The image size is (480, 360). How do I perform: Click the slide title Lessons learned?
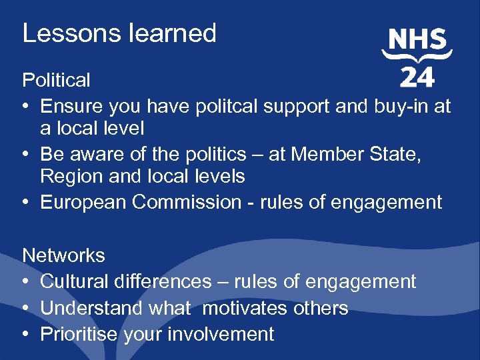click(119, 33)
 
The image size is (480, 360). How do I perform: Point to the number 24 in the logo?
click(417, 77)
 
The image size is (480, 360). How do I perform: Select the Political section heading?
click(56, 80)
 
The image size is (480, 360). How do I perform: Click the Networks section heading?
click(63, 255)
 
